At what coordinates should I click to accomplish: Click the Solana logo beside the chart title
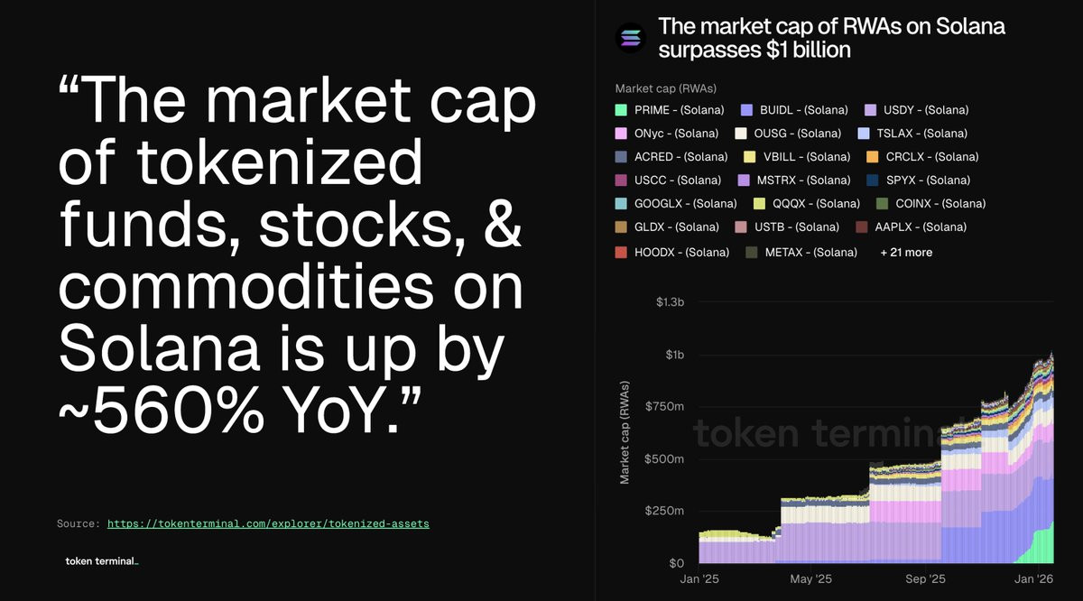pyautogui.click(x=631, y=37)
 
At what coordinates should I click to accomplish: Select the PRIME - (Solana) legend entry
pyautogui.click(x=670, y=110)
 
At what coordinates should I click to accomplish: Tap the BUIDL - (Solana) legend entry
pyautogui.click(x=794, y=110)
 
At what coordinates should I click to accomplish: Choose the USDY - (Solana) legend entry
pyautogui.click(x=917, y=110)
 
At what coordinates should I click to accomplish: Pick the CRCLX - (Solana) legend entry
pyautogui.click(x=922, y=157)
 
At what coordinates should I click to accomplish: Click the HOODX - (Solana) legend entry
pyautogui.click(x=672, y=253)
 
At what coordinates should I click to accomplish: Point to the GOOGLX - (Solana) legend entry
pyautogui.click(x=676, y=204)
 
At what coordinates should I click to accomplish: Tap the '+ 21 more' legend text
pyautogui.click(x=906, y=253)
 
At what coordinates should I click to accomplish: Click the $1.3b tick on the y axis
pyautogui.click(x=670, y=302)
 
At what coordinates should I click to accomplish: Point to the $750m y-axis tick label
pyautogui.click(x=665, y=407)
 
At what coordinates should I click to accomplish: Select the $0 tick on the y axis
pyautogui.click(x=676, y=563)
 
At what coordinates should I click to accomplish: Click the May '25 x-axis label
pyautogui.click(x=810, y=579)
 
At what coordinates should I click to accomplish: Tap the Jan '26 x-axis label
pyautogui.click(x=1033, y=579)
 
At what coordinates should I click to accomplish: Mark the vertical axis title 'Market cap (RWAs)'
pyautogui.click(x=625, y=432)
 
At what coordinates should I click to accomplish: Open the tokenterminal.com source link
pyautogui.click(x=268, y=524)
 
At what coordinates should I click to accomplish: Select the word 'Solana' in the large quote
pyautogui.click(x=159, y=348)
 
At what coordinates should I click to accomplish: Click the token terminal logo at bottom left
pyautogui.click(x=101, y=561)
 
